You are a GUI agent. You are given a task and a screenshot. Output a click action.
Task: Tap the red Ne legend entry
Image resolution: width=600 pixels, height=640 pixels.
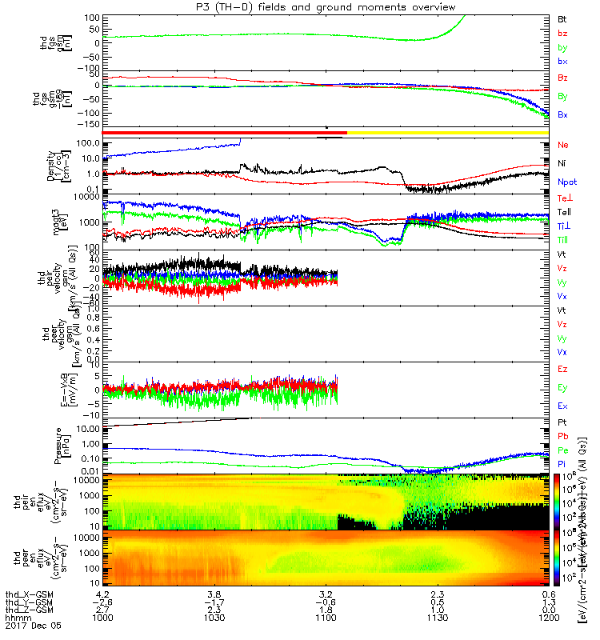click(x=562, y=146)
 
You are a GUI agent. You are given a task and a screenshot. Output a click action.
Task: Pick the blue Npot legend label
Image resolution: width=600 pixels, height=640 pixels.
click(x=566, y=182)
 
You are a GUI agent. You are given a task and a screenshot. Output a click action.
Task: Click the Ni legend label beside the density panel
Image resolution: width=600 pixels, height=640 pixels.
click(x=562, y=163)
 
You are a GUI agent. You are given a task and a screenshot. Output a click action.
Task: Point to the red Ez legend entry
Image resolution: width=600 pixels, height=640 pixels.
click(x=562, y=370)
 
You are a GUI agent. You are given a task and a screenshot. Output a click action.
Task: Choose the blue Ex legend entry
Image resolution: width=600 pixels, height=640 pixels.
click(x=562, y=406)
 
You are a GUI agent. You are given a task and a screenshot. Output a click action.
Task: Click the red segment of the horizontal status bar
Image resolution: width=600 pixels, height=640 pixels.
click(x=224, y=132)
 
